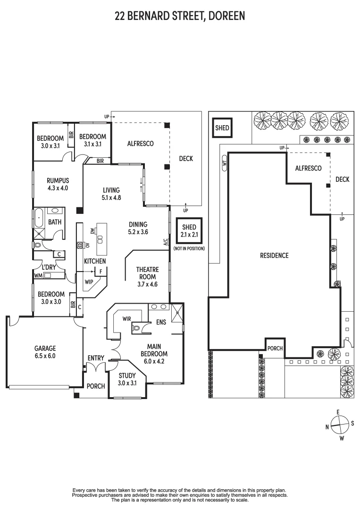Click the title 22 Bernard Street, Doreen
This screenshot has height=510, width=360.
(x=180, y=17)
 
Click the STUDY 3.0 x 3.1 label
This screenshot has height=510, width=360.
(x=126, y=379)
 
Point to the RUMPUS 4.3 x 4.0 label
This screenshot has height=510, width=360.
(x=58, y=184)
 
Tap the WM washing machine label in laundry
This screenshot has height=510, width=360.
(x=38, y=275)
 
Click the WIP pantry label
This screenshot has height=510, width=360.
(x=89, y=281)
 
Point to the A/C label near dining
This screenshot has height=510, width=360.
(x=166, y=243)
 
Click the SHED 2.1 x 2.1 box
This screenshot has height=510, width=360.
(x=189, y=231)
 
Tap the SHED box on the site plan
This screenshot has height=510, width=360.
(x=222, y=128)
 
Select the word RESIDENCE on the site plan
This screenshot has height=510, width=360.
(x=274, y=255)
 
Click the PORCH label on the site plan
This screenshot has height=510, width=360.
(x=275, y=348)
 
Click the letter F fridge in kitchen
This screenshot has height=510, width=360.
(x=100, y=271)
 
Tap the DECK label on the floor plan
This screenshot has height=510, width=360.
(x=186, y=159)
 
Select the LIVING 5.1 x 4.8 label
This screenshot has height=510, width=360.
(x=111, y=194)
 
